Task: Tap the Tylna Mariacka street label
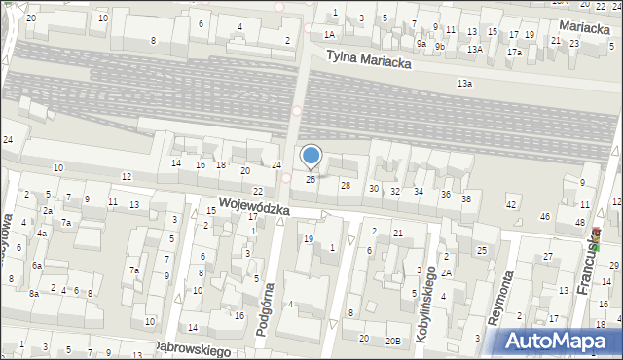369,59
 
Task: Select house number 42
511,204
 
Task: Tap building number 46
545,216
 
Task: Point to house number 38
466,198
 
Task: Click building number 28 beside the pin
345,185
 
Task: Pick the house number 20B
392,340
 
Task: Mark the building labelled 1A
329,34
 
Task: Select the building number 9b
440,45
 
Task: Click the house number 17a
514,52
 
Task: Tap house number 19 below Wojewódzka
308,238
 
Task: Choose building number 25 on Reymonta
481,251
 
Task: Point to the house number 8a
33,293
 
